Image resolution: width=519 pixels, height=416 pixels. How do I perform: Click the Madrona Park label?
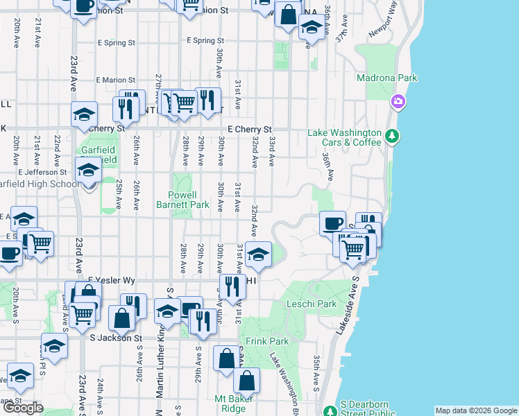[x=386, y=78]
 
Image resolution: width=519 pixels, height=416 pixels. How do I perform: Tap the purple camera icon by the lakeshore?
[x=398, y=102]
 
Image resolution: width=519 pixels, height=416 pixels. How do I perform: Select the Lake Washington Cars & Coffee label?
[x=345, y=137]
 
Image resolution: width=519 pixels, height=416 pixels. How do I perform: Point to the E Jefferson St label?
[x=40, y=171]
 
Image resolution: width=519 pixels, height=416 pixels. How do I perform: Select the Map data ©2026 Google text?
[x=476, y=410]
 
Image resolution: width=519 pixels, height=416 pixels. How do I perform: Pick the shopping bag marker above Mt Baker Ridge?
[x=246, y=380]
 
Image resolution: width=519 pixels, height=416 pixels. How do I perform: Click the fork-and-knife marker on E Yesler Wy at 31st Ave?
[x=233, y=286]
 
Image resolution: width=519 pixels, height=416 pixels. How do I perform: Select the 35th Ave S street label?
[x=316, y=372]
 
